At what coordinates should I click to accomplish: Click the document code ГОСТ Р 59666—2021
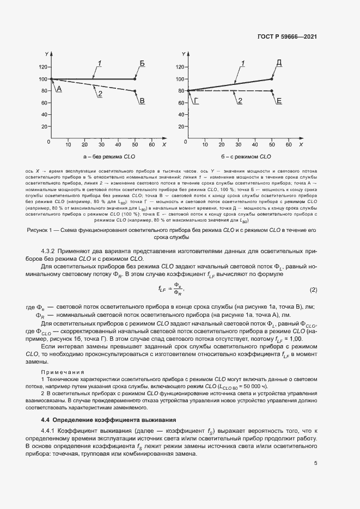286,37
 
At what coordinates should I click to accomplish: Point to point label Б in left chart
142,64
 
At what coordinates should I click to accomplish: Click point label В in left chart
142,101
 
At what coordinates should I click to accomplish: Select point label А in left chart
59,88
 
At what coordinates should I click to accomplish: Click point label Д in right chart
279,64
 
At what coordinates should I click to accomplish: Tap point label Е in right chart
279,101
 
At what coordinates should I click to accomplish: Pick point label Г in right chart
196,101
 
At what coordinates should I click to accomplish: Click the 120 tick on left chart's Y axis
43,67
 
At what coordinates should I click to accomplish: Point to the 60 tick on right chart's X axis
289,145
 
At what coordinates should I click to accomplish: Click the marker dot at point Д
272,79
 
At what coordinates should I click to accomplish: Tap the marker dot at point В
135,91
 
